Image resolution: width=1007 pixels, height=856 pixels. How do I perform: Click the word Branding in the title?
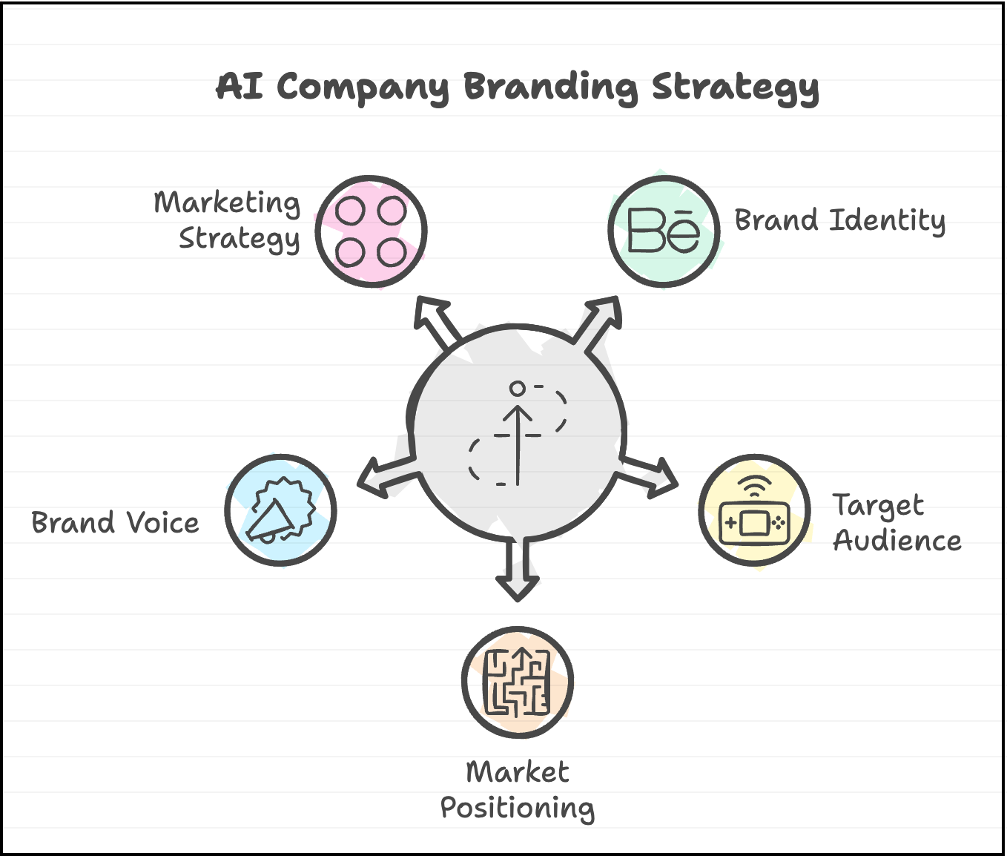click(x=550, y=87)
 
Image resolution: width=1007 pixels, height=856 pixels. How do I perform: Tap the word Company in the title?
click(x=363, y=88)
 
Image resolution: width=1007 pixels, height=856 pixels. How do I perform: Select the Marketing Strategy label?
click(x=228, y=220)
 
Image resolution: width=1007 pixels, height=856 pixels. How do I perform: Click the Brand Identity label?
click(x=839, y=220)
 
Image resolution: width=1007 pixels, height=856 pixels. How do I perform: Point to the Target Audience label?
click(x=897, y=522)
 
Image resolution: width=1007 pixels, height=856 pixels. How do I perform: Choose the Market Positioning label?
click(x=518, y=790)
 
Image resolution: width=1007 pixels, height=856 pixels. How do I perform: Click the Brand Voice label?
click(x=115, y=523)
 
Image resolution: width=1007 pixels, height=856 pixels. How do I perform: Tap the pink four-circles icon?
click(x=371, y=231)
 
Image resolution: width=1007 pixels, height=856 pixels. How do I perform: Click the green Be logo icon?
click(x=664, y=231)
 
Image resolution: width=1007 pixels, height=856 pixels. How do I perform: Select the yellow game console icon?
click(x=755, y=519)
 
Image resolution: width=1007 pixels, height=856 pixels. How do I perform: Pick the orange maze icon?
click(x=517, y=682)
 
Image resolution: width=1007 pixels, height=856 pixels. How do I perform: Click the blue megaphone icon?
click(x=280, y=510)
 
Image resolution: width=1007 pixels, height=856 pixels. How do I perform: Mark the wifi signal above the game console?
click(x=755, y=486)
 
